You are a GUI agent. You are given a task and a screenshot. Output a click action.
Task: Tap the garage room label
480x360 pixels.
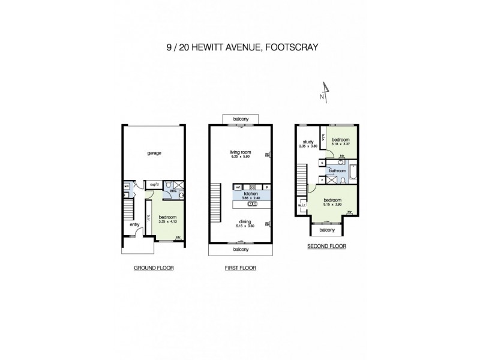(x=155, y=152)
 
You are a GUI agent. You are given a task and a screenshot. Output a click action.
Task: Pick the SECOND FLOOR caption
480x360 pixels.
(x=327, y=246)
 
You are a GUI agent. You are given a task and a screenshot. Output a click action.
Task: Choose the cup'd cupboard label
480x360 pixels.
(x=154, y=184)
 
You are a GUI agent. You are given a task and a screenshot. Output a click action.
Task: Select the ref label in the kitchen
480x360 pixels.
(x=238, y=187)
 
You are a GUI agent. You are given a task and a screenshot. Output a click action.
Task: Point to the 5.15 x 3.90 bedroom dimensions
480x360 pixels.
(x=333, y=204)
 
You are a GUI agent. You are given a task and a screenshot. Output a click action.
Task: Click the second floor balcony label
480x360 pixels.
(x=326, y=230)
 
